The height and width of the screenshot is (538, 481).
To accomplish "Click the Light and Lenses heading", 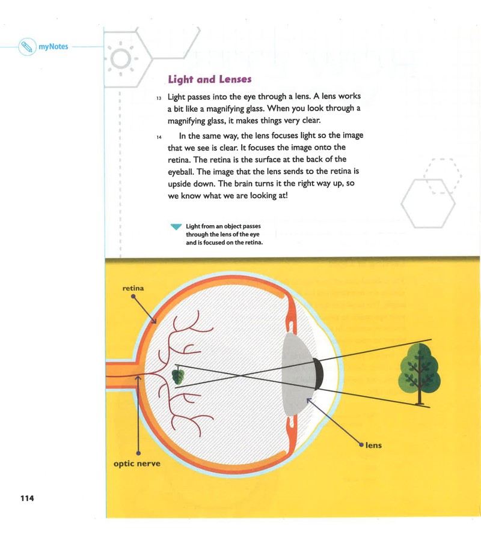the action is [x=210, y=79].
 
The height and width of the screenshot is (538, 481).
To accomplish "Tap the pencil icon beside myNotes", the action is [x=27, y=47].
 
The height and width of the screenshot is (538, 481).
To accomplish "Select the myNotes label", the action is [x=54, y=47].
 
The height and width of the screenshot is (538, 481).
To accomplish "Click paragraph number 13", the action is [x=159, y=98].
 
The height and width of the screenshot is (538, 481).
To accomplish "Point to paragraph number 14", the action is [x=159, y=138].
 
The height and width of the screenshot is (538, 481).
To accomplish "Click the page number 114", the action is [x=27, y=498].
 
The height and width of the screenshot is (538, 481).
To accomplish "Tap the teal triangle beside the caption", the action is [x=176, y=226].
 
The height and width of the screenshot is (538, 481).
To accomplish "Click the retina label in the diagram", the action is [x=133, y=288].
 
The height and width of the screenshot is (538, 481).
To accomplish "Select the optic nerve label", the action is [x=136, y=464].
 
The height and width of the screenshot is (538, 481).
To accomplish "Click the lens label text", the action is [x=373, y=446].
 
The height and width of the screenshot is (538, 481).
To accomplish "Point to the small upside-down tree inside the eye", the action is [x=178, y=375].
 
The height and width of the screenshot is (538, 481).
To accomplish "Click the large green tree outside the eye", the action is [x=419, y=374].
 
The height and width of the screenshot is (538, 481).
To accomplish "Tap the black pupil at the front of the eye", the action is [x=319, y=373].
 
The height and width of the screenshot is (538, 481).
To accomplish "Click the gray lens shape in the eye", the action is [x=297, y=374].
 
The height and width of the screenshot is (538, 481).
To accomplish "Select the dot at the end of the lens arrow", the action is [x=361, y=445].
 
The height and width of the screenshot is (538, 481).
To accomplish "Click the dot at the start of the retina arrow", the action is [x=133, y=297].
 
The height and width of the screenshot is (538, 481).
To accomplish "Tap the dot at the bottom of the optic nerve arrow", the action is [x=138, y=453].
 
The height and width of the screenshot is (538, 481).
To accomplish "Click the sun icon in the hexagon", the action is [x=121, y=58].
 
